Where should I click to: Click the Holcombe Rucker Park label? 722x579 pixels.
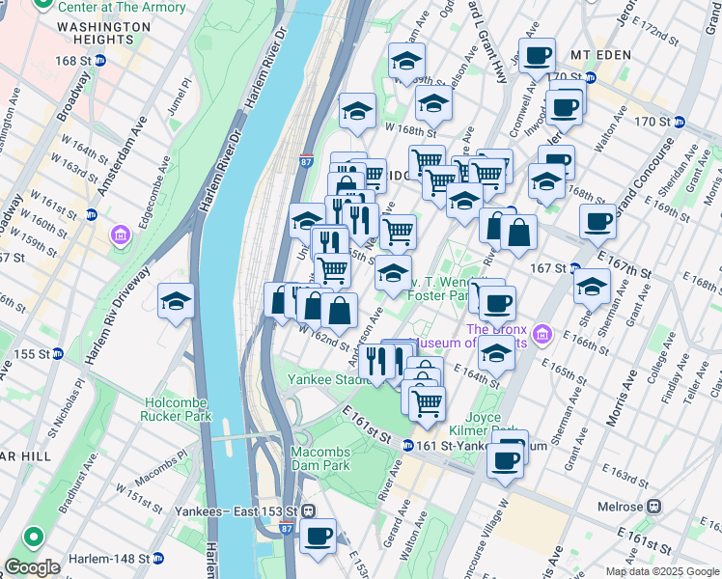[178, 409]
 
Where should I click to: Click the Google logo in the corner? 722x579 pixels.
[32, 566]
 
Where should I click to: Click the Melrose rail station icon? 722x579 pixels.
[654, 506]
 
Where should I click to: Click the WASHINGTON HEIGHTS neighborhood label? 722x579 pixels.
[97, 34]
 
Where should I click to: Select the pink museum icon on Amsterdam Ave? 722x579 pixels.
[121, 234]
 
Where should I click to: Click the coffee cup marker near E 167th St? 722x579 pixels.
[597, 222]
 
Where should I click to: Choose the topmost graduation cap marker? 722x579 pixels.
[406, 61]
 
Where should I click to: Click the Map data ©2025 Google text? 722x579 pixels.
[661, 571]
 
